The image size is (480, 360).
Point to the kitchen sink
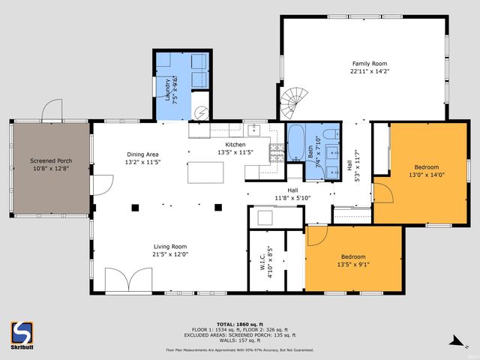coord(254,129)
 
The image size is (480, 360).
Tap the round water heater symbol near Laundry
coord(201,113)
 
